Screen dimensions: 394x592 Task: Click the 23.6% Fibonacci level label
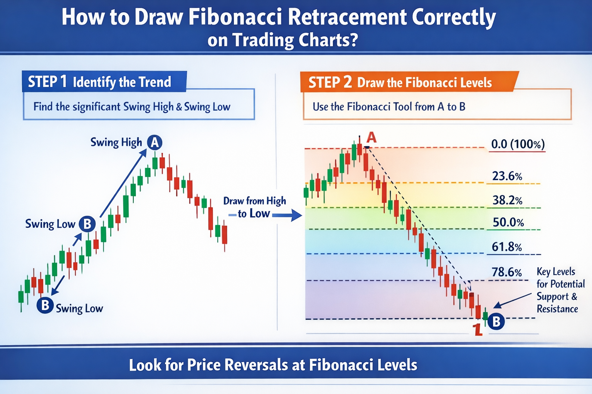tap(507, 176)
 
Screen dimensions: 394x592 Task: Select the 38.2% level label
tap(507, 200)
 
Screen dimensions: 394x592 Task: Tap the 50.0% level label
tap(508, 222)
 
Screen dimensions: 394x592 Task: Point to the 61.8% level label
tap(506, 247)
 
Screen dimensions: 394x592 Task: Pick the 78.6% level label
tap(506, 272)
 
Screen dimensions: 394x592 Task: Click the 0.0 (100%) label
tap(518, 144)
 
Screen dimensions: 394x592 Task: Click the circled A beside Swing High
tap(155, 143)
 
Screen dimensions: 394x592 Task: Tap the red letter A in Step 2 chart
tap(371, 137)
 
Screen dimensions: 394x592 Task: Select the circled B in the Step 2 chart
tap(496, 321)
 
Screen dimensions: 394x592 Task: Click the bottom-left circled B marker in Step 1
tap(45, 305)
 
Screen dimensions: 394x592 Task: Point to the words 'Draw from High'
tap(254, 201)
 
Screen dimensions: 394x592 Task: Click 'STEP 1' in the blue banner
tap(47, 82)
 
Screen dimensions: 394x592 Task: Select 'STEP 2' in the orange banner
tap(330, 82)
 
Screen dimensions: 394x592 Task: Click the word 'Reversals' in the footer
tap(257, 365)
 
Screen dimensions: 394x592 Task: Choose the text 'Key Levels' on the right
tap(556, 272)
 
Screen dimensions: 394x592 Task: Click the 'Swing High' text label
tap(116, 142)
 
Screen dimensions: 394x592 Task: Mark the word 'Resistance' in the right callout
tap(557, 309)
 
